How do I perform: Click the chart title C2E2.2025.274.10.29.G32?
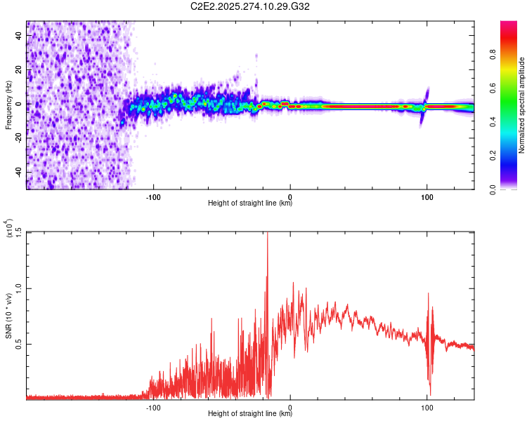coord(251,6)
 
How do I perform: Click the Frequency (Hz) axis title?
coord(8,105)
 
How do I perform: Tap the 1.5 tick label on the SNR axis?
coord(19,232)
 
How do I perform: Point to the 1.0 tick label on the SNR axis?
coord(19,288)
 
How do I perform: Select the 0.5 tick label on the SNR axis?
coord(19,343)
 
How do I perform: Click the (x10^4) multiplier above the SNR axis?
coord(9,229)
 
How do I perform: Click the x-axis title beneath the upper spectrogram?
coord(250,203)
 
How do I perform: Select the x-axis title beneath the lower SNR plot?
coord(250,413)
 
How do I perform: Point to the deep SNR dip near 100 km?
coord(429,393)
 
